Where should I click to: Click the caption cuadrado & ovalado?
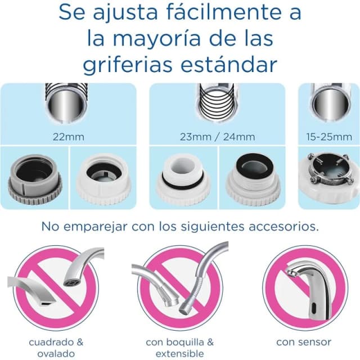pos(56,347)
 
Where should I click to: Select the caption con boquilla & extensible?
pos(179,347)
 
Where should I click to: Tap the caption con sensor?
pos(303,341)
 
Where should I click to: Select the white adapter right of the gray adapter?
pos(101,178)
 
